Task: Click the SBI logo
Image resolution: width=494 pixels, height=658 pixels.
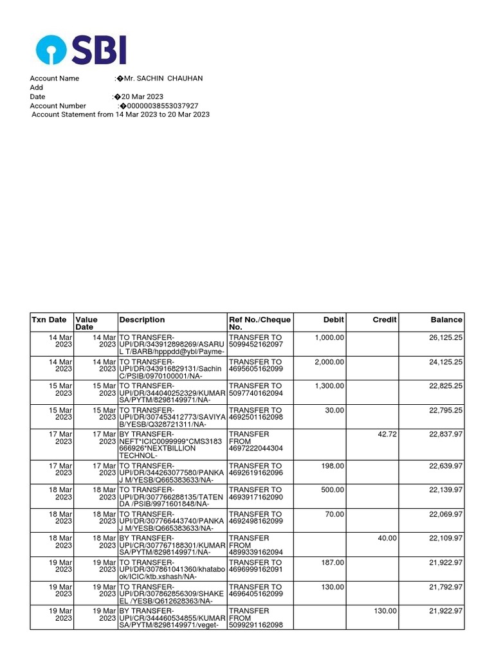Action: pos(81,49)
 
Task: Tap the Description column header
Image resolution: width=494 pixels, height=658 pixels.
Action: pos(142,319)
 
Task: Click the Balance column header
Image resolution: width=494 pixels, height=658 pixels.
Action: pos(446,319)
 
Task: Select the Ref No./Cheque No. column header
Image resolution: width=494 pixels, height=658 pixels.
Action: pos(260,323)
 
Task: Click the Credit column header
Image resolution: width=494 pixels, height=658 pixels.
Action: pos(385,319)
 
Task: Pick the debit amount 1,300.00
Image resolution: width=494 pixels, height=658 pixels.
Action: pos(329,386)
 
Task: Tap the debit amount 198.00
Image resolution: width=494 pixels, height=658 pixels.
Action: pos(332,466)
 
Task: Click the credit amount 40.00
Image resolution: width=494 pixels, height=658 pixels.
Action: pos(387,538)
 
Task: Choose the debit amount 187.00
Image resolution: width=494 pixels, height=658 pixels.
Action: pos(332,562)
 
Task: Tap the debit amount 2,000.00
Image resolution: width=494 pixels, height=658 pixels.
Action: pos(329,362)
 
